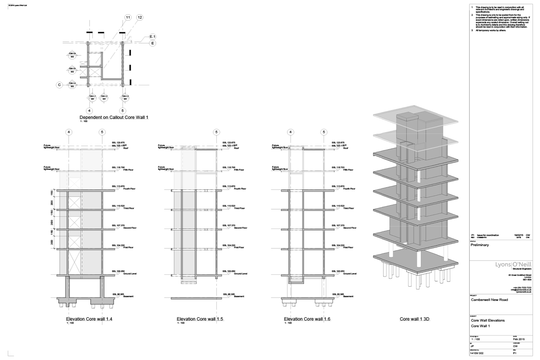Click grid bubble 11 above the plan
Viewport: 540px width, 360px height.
[x=128, y=17]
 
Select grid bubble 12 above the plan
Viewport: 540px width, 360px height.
[x=140, y=17]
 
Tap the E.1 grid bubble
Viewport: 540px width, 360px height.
[x=153, y=37]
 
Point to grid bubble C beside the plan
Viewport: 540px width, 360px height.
[x=59, y=85]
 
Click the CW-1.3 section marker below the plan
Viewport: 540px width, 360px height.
[x=125, y=97]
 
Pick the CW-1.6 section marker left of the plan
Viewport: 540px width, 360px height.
[x=72, y=55]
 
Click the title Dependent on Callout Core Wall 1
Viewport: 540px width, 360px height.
[x=114, y=117]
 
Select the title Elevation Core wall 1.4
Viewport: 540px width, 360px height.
[x=89, y=319]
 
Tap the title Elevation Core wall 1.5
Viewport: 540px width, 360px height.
[x=200, y=319]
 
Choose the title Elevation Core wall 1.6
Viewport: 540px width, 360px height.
[x=307, y=319]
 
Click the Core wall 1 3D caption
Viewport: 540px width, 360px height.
[x=415, y=319]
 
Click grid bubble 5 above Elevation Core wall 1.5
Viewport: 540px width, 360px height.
[x=216, y=132]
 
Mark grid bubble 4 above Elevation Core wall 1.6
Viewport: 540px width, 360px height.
[x=291, y=132]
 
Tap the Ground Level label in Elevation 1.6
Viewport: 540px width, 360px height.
[x=350, y=274]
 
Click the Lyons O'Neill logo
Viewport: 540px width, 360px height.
[x=513, y=265]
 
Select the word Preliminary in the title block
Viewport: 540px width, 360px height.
[x=480, y=245]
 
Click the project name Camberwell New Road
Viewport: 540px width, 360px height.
[x=489, y=300]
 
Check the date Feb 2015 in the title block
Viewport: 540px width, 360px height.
[x=519, y=339]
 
